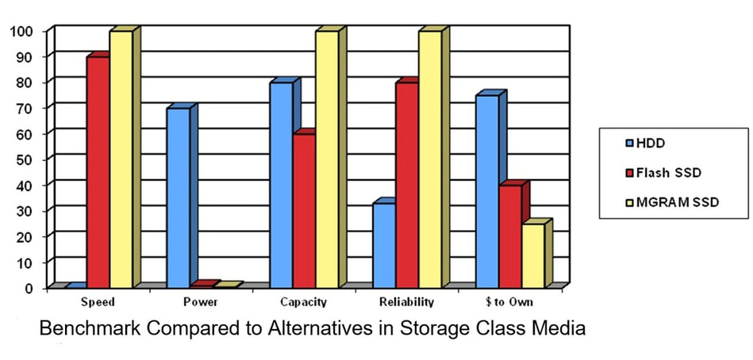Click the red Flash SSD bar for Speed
pyautogui.click(x=98, y=170)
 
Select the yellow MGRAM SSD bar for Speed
pyautogui.click(x=121, y=159)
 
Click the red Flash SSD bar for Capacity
pyautogui.click(x=304, y=210)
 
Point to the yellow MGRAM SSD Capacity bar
pyautogui.click(x=327, y=159)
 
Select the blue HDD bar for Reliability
pyautogui.click(x=384, y=245)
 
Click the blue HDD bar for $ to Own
pyautogui.click(x=486, y=190)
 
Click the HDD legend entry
pyautogui.click(x=646, y=144)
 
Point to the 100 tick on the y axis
pyautogui.click(x=21, y=31)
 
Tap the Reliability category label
pyautogui.click(x=407, y=302)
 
